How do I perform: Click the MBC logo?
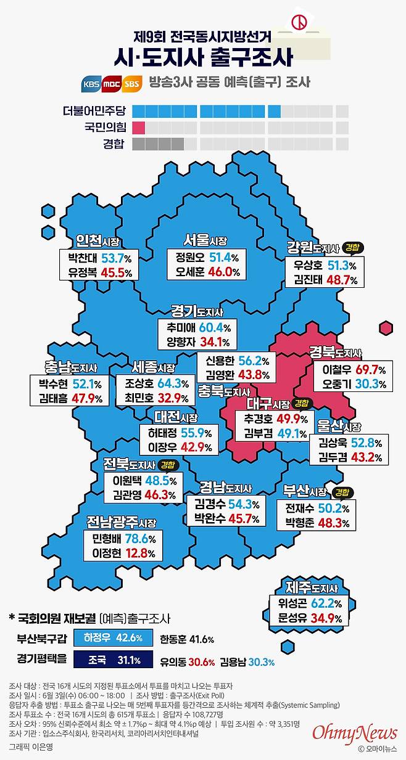coord(112,83)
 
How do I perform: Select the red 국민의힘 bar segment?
coord(139,128)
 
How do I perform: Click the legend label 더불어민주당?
coord(94,110)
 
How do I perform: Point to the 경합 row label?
coord(114,144)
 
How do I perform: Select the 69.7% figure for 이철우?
coord(370,369)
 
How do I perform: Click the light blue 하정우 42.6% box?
coord(113,638)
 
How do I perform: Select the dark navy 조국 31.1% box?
coord(113,660)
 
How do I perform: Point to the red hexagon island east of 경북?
coord(386,328)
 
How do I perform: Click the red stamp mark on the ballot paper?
coord(299,23)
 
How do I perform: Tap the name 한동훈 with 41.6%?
coord(173,640)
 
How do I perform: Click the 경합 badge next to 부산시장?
coord(342,493)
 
